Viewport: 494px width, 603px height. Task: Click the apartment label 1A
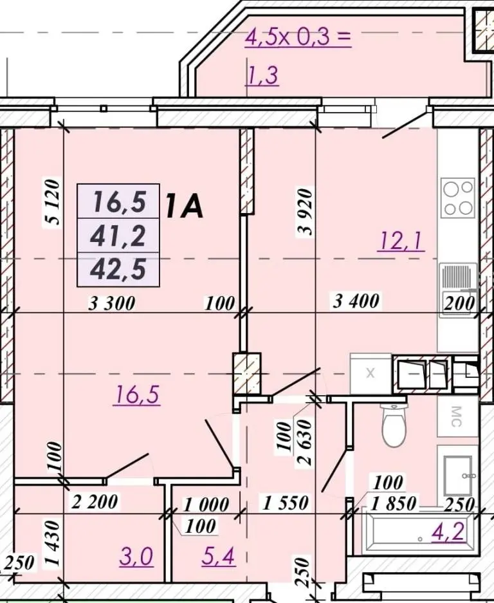[x=184, y=206]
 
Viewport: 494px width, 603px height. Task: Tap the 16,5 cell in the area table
[x=118, y=201]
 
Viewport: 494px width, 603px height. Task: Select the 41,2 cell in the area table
[x=118, y=236]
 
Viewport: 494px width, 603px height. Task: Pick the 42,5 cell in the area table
[x=118, y=269]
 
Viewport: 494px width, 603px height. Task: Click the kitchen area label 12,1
[x=401, y=241]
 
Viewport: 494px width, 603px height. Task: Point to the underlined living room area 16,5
[x=136, y=395]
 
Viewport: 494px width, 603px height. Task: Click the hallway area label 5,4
[x=218, y=556]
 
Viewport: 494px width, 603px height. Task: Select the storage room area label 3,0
[x=136, y=557]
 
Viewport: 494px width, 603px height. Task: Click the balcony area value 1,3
[x=262, y=75]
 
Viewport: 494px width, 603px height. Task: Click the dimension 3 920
[x=306, y=212]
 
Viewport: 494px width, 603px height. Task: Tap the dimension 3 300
[x=111, y=303]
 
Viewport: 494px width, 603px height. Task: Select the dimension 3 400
[x=356, y=301]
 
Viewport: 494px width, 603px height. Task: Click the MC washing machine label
[x=456, y=417]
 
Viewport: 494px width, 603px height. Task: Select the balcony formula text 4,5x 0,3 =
[x=298, y=37]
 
